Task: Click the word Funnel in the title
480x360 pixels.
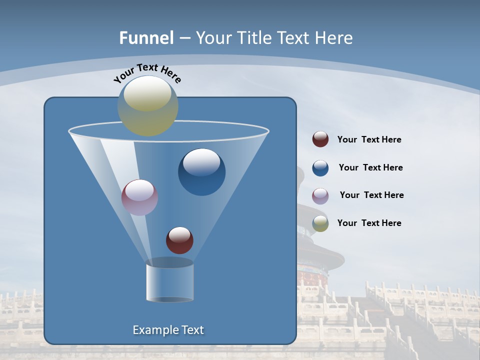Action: click(x=146, y=38)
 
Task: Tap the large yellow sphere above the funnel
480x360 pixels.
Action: click(x=148, y=106)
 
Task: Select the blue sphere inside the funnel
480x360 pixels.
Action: click(x=201, y=172)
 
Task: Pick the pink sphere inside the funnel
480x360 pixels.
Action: click(x=139, y=197)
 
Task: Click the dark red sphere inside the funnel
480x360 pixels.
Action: click(x=179, y=240)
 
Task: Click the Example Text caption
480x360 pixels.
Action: click(x=168, y=330)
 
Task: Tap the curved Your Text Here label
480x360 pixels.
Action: click(x=147, y=73)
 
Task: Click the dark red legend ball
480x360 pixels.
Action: click(x=320, y=139)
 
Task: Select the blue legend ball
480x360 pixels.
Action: click(x=320, y=168)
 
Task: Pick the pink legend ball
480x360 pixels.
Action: click(x=320, y=195)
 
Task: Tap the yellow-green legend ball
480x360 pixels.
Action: click(x=320, y=223)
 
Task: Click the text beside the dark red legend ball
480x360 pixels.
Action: click(x=369, y=140)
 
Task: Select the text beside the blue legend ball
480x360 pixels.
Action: click(x=370, y=168)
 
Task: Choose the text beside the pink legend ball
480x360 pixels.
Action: click(x=371, y=195)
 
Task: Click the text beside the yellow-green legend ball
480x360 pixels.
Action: click(x=369, y=223)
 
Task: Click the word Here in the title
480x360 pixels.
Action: click(x=334, y=38)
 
